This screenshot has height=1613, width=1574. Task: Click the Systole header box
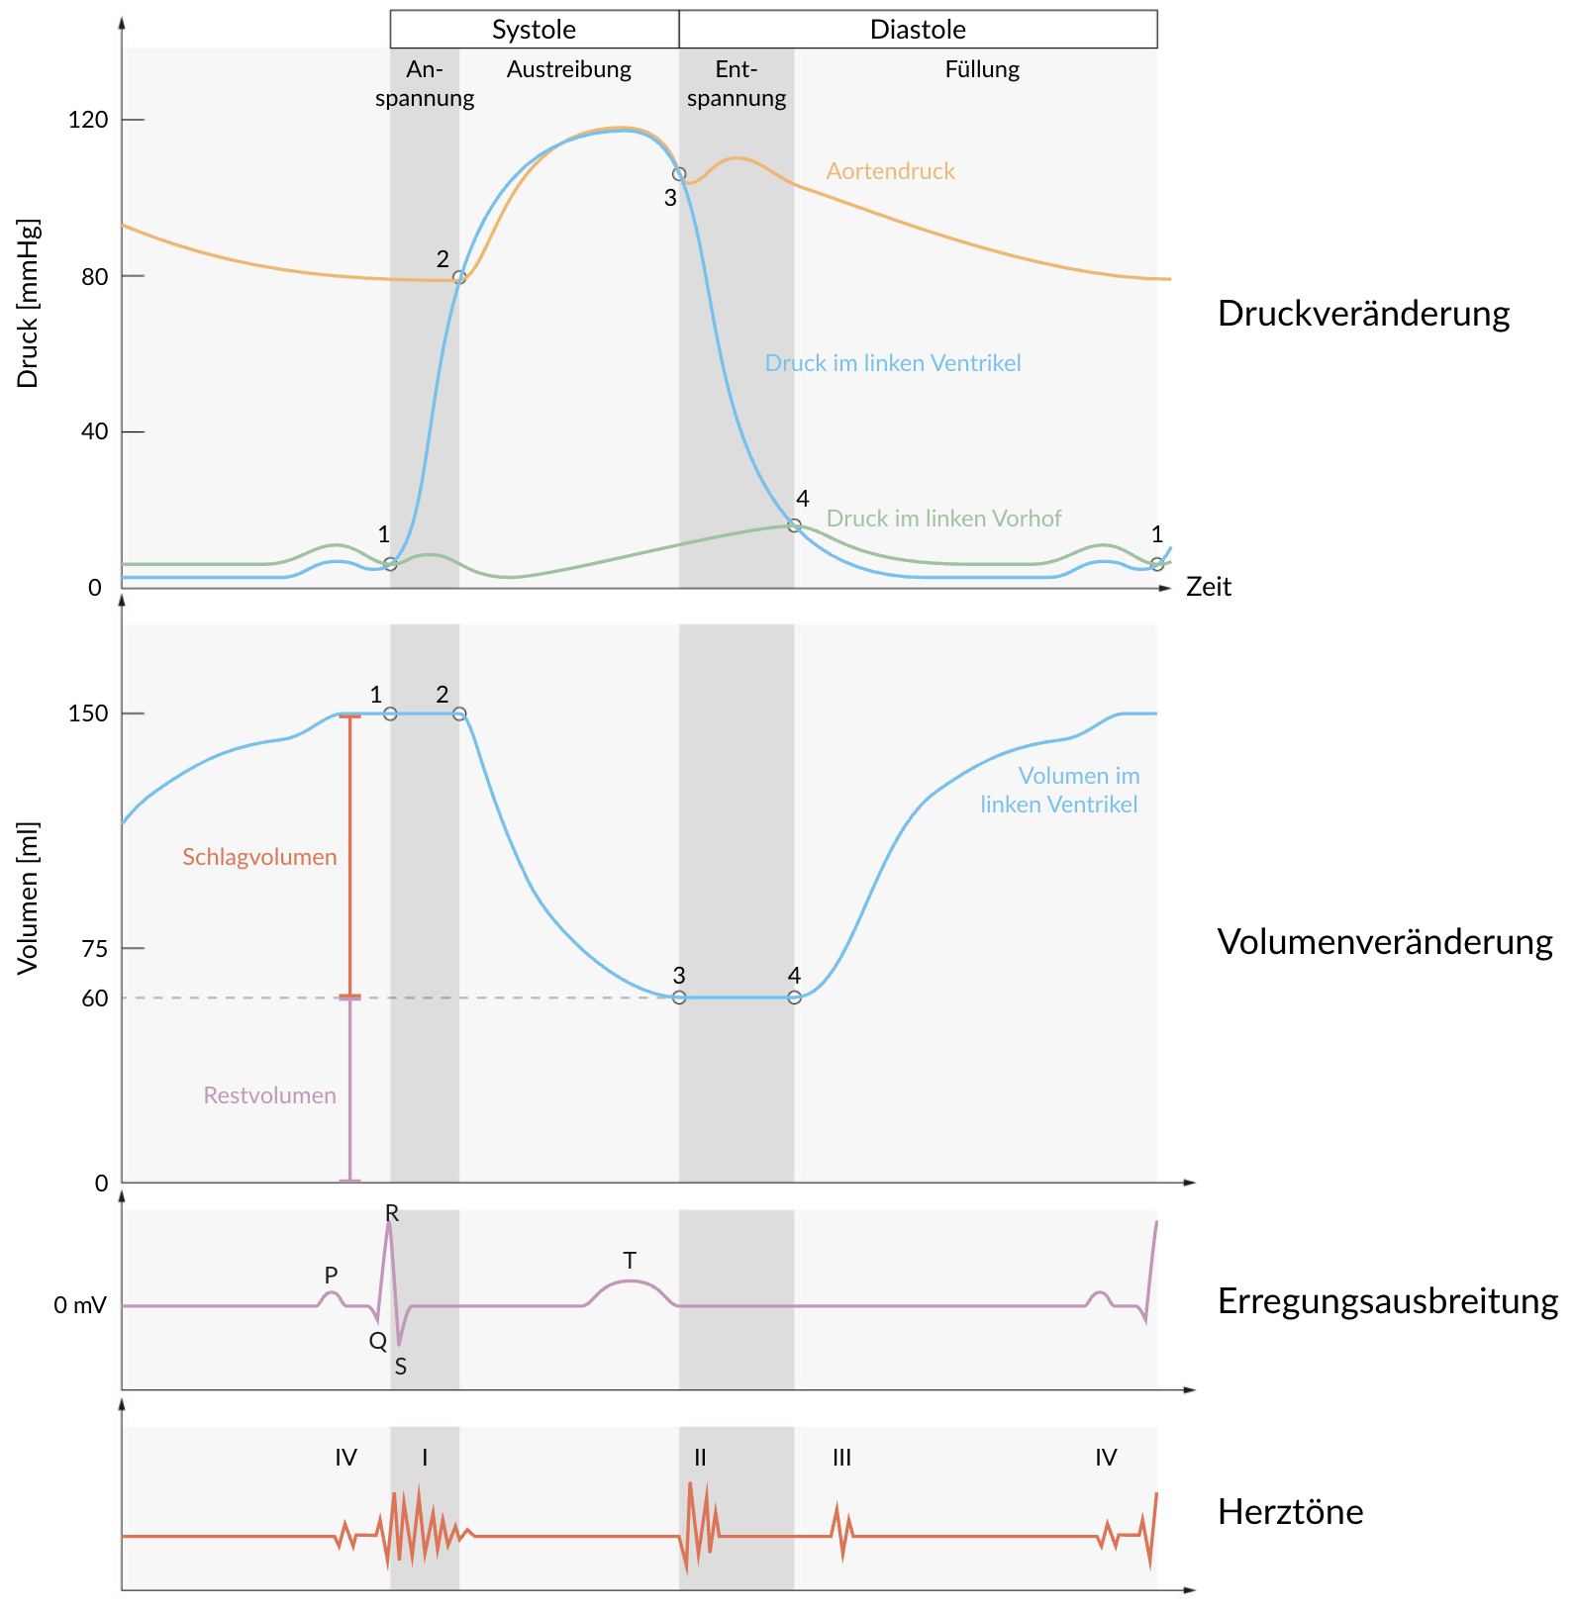(x=534, y=30)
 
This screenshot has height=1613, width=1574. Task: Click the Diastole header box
(x=918, y=30)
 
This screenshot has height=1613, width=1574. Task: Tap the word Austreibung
(x=568, y=69)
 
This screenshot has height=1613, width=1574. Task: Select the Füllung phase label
(x=982, y=69)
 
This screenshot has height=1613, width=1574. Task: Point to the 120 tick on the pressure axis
(x=88, y=120)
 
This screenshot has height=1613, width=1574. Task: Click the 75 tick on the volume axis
(x=95, y=948)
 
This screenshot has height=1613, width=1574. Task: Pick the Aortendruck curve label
(x=890, y=171)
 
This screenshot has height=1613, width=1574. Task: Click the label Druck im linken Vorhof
(x=943, y=519)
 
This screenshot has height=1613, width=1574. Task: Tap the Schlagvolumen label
(x=259, y=857)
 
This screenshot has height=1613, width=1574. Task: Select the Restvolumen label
(x=269, y=1095)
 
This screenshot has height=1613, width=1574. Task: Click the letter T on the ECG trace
(x=630, y=1261)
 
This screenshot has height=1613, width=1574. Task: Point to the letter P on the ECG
(x=331, y=1276)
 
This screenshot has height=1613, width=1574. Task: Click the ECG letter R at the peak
(x=392, y=1213)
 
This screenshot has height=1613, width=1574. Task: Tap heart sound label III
(x=841, y=1458)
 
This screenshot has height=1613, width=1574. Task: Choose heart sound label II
(x=700, y=1458)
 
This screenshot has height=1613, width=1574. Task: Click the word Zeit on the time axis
(x=1208, y=587)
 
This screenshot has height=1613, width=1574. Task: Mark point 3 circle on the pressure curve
(x=679, y=174)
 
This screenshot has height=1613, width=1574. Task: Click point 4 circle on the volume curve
(x=794, y=997)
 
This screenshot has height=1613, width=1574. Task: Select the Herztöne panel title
(x=1290, y=1512)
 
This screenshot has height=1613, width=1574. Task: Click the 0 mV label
(x=79, y=1306)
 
